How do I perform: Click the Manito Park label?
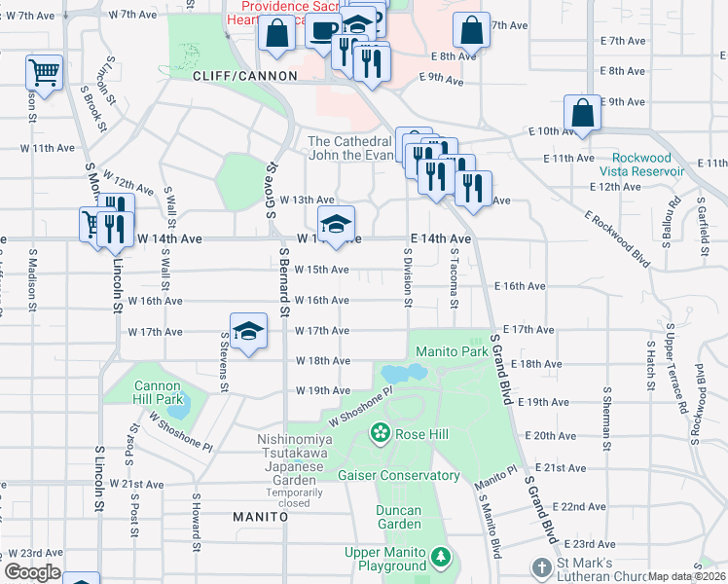click(451, 350)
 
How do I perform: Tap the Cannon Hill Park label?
click(158, 392)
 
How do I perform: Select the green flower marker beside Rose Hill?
click(380, 433)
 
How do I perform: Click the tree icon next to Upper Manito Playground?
click(442, 557)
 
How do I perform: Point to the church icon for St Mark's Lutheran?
click(542, 566)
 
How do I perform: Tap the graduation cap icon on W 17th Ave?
click(248, 331)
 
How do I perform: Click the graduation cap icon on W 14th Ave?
click(335, 224)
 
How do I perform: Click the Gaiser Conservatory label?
click(398, 475)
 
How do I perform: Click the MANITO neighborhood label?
click(260, 517)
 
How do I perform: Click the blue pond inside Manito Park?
click(404, 373)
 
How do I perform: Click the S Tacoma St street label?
click(455, 275)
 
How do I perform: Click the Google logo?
click(32, 572)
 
